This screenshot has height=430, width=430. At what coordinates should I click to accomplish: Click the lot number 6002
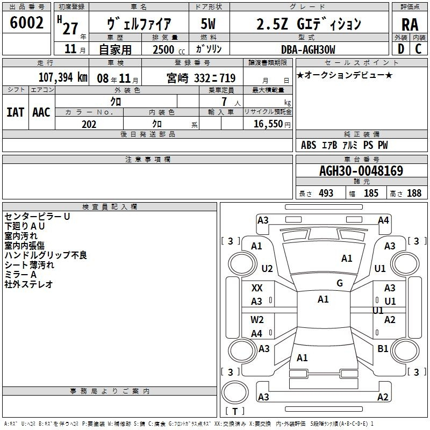[26, 23]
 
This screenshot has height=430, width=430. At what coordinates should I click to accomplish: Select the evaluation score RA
[410, 25]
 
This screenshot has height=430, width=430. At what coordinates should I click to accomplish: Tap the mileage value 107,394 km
[63, 77]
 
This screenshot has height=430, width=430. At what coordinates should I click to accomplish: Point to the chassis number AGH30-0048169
[361, 170]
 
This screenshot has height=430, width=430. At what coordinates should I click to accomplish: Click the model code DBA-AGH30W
[308, 49]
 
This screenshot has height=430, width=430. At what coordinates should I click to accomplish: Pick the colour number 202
[89, 124]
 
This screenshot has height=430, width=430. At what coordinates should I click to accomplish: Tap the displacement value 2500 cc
[169, 49]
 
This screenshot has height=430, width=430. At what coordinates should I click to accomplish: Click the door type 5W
[208, 24]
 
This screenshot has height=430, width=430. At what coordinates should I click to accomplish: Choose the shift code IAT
[16, 112]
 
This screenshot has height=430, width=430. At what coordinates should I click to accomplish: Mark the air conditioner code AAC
[41, 112]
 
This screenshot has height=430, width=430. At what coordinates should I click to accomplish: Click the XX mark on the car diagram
[257, 288]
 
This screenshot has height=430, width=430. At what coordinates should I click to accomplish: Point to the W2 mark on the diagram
[257, 320]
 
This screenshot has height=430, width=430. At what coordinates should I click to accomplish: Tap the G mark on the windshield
[340, 283]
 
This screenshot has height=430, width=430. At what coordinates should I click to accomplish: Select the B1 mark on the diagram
[383, 349]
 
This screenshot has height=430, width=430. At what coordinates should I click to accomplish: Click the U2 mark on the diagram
[267, 268]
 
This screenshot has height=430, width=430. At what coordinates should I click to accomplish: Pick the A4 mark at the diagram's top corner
[383, 220]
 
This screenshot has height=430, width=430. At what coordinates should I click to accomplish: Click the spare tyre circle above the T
[235, 392]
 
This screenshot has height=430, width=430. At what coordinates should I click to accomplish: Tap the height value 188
[414, 193]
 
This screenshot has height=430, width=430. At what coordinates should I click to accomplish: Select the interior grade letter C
[418, 49]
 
